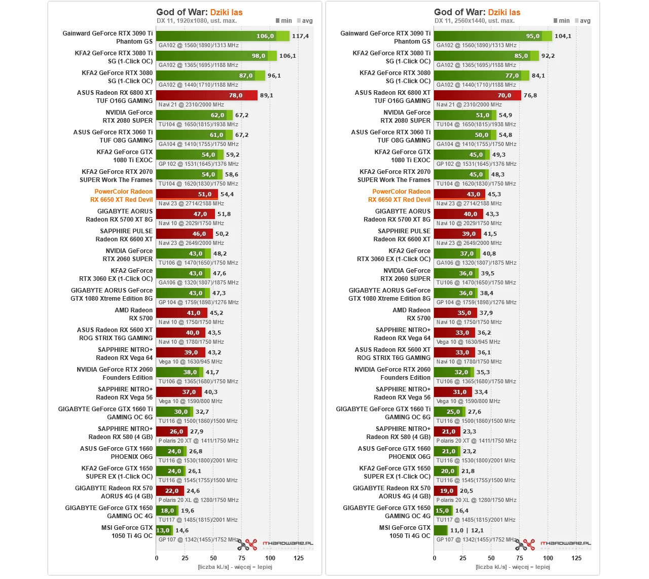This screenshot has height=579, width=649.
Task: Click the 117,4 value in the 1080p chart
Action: click(300, 36)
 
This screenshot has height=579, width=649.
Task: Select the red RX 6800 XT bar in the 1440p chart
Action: click(477, 95)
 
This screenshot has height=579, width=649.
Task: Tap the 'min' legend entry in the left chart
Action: click(284, 21)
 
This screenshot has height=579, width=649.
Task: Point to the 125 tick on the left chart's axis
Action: click(299, 558)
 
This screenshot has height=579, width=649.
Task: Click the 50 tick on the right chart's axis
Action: click(491, 558)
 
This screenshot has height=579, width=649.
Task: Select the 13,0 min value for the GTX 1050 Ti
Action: click(163, 530)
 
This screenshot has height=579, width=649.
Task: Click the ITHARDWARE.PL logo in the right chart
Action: click(565, 544)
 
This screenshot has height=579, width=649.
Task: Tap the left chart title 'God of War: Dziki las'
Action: click(199, 12)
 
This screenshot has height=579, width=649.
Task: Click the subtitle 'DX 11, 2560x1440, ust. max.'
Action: click(475, 21)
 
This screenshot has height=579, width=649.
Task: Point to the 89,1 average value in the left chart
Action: click(266, 95)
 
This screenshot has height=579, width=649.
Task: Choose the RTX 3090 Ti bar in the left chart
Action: click(222, 36)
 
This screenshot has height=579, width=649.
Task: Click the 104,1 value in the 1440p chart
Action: click(563, 36)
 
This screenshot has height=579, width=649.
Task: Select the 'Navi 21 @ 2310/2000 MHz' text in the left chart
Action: click(191, 104)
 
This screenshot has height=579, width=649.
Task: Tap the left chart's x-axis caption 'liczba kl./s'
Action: click(235, 567)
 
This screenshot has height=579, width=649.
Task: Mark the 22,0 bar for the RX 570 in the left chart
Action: click(170, 491)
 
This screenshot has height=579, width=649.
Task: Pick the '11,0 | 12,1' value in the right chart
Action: click(466, 530)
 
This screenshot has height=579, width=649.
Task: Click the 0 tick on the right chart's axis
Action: click(435, 558)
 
